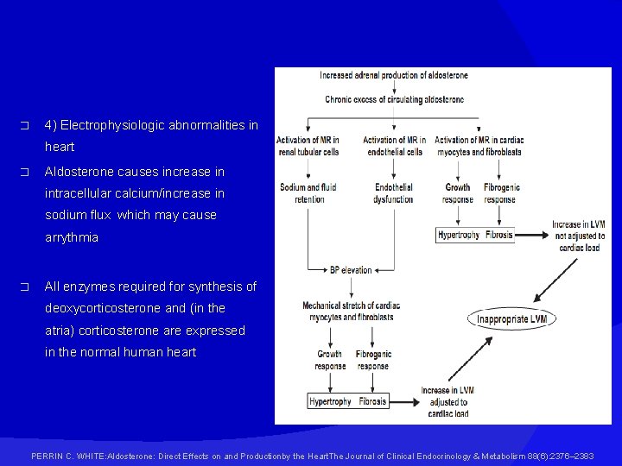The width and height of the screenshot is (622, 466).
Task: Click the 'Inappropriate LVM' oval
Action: (x=512, y=319)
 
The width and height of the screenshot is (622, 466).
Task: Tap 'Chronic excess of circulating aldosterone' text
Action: (x=394, y=100)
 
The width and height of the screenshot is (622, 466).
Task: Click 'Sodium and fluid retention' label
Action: (x=308, y=192)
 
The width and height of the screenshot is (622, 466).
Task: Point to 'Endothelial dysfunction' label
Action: (x=393, y=192)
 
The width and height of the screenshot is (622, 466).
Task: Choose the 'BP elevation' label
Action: (x=351, y=270)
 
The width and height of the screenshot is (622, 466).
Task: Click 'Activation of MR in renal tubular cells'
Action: (x=309, y=146)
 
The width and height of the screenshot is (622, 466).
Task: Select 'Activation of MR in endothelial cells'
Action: (x=393, y=146)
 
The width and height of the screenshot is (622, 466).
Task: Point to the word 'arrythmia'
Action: (x=72, y=237)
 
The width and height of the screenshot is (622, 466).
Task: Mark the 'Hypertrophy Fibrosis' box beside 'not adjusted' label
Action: (x=474, y=235)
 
